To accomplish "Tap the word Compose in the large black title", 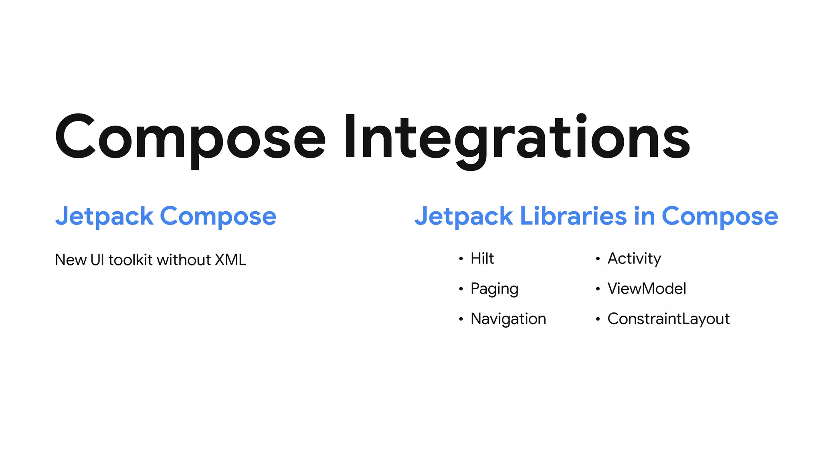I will pyautogui.click(x=190, y=138).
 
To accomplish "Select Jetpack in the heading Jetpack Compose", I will pyautogui.click(x=104, y=217).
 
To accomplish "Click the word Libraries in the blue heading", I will pyautogui.click(x=573, y=216).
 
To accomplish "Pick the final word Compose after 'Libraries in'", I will pyautogui.click(x=720, y=217).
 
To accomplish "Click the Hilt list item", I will pyautogui.click(x=482, y=259).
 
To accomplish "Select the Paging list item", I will pyautogui.click(x=494, y=289).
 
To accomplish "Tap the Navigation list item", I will pyautogui.click(x=508, y=319).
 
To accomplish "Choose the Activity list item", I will pyautogui.click(x=634, y=259).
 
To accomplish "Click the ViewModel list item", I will pyautogui.click(x=647, y=289).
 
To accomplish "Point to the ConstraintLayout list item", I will pyautogui.click(x=668, y=319).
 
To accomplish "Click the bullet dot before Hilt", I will pyautogui.click(x=461, y=259).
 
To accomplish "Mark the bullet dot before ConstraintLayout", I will pyautogui.click(x=598, y=320).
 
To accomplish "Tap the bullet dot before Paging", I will pyautogui.click(x=461, y=289).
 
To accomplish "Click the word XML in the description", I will pyautogui.click(x=231, y=260).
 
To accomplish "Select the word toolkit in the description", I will pyautogui.click(x=131, y=260).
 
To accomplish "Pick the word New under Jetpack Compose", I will pyautogui.click(x=71, y=260).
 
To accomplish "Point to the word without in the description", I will pyautogui.click(x=184, y=260).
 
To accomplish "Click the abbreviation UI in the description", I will pyautogui.click(x=97, y=260).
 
